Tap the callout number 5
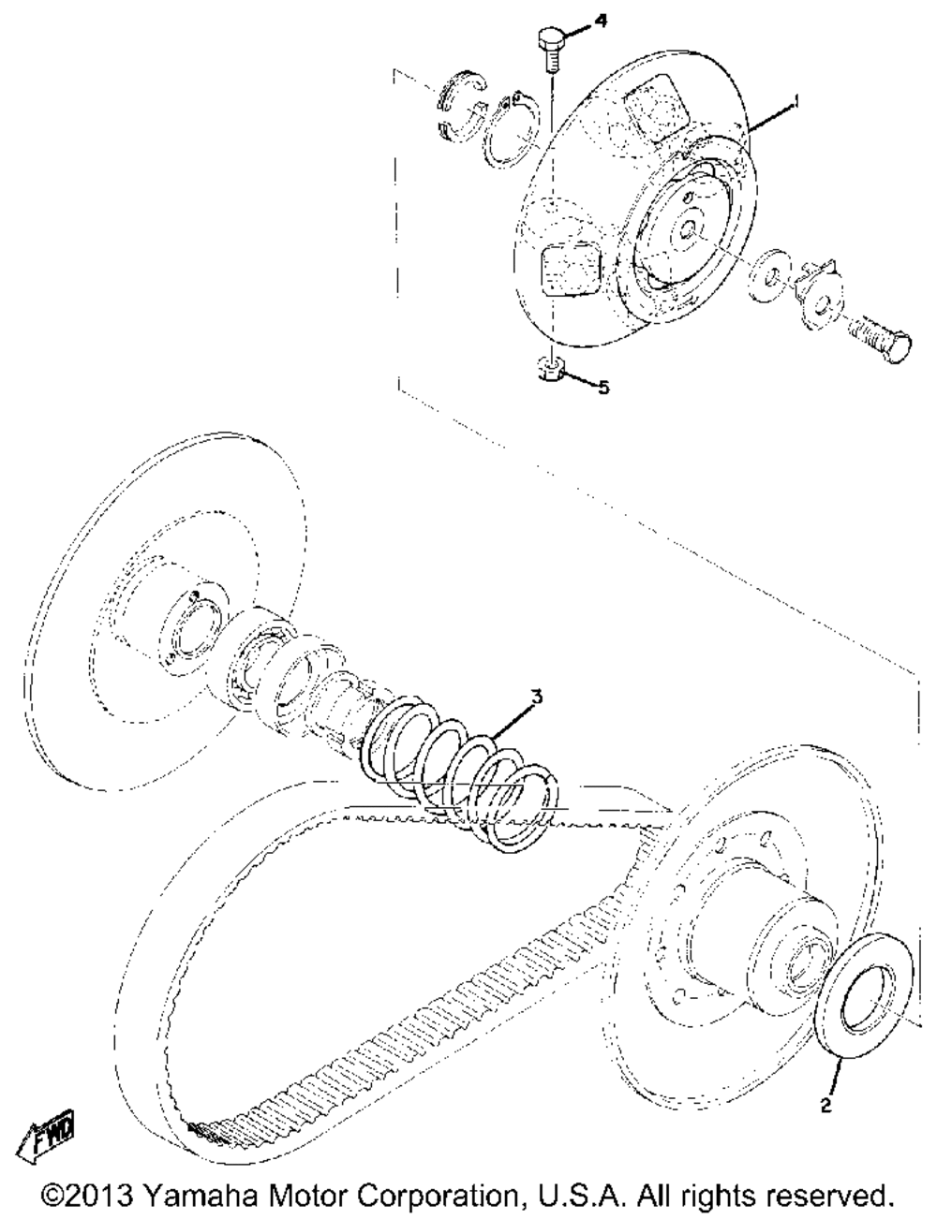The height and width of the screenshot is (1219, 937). [602, 387]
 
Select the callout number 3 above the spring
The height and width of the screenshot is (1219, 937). [536, 698]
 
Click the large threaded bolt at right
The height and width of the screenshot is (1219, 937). [880, 340]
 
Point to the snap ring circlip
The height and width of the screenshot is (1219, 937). [511, 132]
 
